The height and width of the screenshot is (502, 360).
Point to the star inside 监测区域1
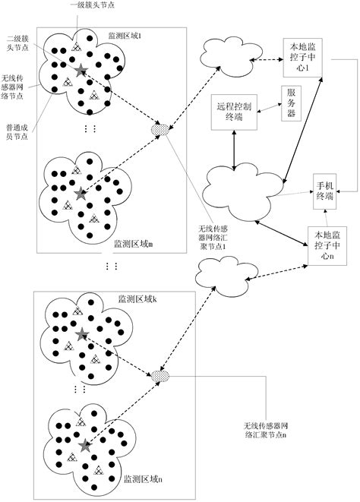tap(81, 70)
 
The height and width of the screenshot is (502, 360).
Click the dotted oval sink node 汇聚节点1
tap(161, 128)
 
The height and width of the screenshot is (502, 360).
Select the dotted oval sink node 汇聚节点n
tap(160, 376)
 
